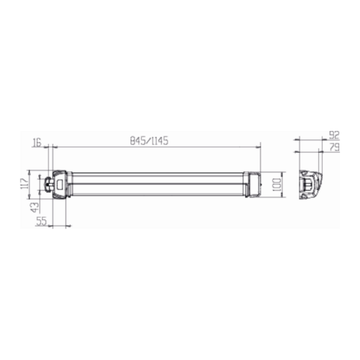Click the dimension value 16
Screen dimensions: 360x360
pyautogui.click(x=37, y=142)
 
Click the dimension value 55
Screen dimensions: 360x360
pyautogui.click(x=41, y=221)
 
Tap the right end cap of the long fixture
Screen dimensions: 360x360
pyautogui.click(x=253, y=184)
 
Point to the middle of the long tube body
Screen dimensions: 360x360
pyautogui.click(x=156, y=184)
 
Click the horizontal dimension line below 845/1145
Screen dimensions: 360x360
pyautogui.click(x=156, y=146)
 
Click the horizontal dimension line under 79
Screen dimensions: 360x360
pyautogui.click(x=309, y=152)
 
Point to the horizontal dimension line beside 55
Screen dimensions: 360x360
pyautogui.click(x=60, y=226)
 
